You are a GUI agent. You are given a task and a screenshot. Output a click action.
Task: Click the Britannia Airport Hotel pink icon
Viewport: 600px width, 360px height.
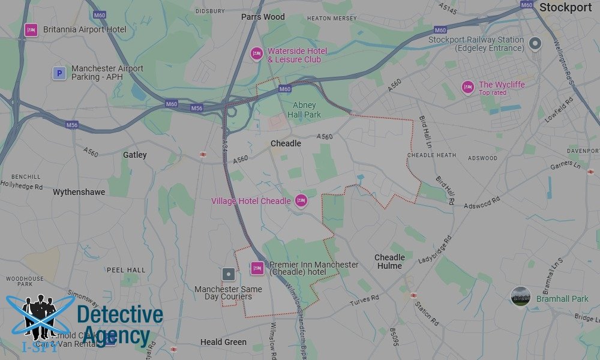[x=31, y=29]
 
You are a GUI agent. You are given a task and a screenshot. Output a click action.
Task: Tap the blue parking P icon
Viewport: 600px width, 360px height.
[x=59, y=73]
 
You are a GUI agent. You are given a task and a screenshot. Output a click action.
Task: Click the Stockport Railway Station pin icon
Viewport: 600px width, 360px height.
[x=535, y=43]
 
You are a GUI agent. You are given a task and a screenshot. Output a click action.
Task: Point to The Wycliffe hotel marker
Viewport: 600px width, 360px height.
[x=468, y=87]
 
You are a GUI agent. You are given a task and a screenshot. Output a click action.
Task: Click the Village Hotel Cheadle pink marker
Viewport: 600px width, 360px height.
[x=301, y=201]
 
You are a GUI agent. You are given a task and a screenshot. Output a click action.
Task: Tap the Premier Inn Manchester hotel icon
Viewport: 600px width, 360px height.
[x=257, y=268]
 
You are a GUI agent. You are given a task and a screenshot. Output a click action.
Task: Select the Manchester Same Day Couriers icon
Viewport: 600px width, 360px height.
[x=229, y=275]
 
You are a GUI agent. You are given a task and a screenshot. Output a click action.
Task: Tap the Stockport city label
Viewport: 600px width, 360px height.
[x=565, y=7]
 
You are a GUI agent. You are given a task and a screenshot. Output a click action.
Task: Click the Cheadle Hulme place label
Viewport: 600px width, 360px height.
[x=389, y=262]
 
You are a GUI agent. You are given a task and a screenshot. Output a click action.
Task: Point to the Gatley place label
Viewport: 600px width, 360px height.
[x=134, y=155]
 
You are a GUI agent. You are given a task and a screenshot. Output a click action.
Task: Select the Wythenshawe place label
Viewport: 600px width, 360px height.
[x=79, y=192]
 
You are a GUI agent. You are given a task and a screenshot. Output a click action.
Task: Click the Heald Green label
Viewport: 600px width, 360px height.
[x=223, y=342]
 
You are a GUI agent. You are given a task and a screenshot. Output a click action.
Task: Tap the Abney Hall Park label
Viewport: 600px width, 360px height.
[x=304, y=110]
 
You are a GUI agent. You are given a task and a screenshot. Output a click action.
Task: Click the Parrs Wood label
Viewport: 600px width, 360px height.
[x=263, y=17]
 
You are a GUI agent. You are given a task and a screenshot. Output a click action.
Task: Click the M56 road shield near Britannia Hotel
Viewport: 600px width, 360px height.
[x=72, y=125]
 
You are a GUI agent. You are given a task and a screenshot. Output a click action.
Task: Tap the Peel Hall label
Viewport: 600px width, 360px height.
[x=126, y=270]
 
